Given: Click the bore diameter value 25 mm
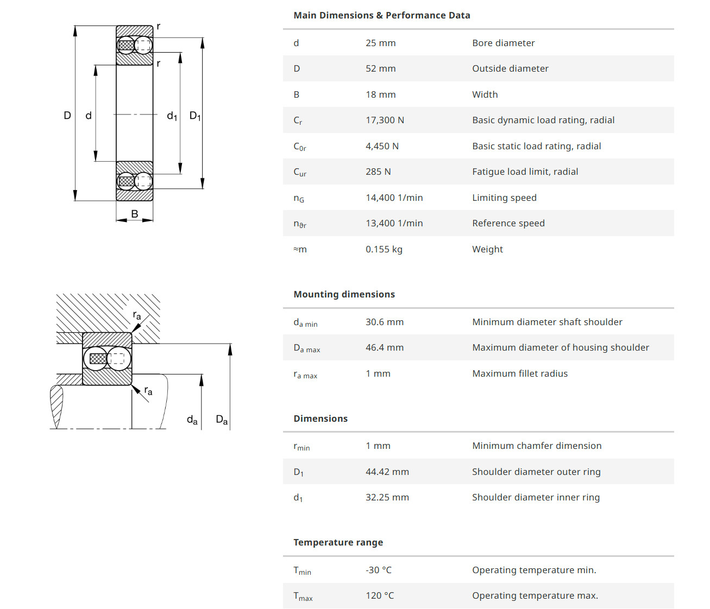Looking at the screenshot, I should [x=380, y=43].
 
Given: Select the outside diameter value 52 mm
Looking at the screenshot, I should [x=380, y=68].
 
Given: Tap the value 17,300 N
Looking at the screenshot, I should [x=385, y=120].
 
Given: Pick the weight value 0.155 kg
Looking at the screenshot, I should [x=384, y=249].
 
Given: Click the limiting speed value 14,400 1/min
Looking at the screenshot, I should [x=394, y=198].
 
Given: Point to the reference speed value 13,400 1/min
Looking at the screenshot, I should [x=394, y=223].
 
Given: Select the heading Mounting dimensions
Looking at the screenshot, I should [x=344, y=294].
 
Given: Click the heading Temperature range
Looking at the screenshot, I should [x=338, y=542].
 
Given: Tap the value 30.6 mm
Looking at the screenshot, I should [x=385, y=322].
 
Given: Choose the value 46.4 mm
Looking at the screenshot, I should [x=385, y=347].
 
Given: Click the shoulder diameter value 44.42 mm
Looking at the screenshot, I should [x=387, y=472].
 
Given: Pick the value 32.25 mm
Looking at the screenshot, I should [x=387, y=497].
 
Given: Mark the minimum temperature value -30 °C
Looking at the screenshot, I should [x=378, y=570].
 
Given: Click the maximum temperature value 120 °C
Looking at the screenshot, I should [x=380, y=595].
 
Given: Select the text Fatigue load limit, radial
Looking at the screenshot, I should [x=525, y=172].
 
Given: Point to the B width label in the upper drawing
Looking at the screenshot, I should [x=135, y=214].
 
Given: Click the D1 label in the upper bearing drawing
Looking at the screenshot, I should [x=195, y=116].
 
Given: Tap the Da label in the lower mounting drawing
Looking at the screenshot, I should [x=222, y=420].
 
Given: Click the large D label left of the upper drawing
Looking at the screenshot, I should [x=67, y=115].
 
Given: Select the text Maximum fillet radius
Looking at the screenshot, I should [x=519, y=373].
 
